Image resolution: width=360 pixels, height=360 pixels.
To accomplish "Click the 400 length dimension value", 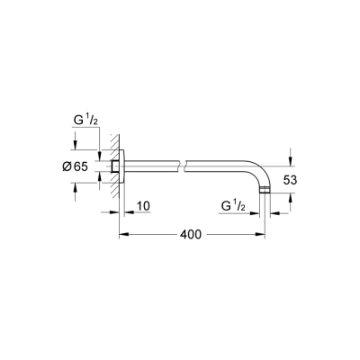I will (x=189, y=234).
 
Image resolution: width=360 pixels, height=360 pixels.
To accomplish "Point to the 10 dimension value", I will (x=142, y=206).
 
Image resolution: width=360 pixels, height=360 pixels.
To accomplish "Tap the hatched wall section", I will (x=109, y=166).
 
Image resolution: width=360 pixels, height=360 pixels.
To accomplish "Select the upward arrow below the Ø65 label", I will (x=75, y=186).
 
